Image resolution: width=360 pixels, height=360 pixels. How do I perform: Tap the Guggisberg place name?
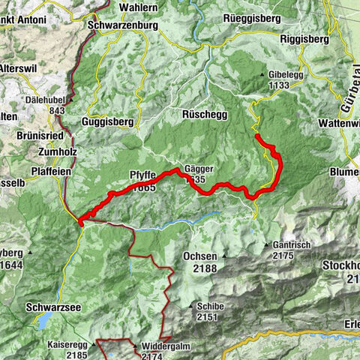[108, 121]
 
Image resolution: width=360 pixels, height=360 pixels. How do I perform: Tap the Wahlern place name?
[138, 7]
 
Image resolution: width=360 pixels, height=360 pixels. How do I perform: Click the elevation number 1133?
[283, 86]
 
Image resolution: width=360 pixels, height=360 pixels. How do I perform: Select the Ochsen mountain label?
[200, 256]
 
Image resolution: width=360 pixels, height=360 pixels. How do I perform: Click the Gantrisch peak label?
[292, 246]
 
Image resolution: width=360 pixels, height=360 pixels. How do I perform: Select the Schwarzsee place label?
[51, 307]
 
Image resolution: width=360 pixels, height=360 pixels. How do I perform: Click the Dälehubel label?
[43, 106]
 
